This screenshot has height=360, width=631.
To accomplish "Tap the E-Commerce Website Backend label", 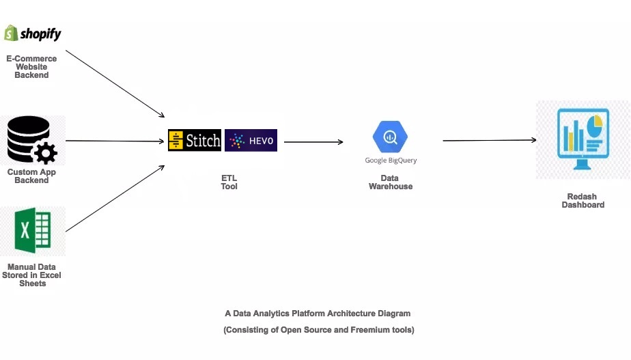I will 31,67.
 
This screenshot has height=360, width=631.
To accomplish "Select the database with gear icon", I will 32,140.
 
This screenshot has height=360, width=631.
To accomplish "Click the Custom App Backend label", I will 31,176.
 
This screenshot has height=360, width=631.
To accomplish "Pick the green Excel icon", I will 33,231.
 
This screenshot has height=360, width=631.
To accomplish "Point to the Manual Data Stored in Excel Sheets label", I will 32,275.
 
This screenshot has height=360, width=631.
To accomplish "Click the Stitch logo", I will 195,141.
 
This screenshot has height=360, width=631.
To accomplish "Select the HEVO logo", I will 251,141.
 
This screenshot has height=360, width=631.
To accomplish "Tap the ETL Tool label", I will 229,182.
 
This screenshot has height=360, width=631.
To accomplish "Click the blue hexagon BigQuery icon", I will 391,137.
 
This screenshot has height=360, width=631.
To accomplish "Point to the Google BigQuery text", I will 391,161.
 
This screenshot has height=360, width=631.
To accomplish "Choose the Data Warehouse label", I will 391,182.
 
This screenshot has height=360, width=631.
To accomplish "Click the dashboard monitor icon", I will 582,139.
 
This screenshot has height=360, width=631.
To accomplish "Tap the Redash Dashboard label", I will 583,200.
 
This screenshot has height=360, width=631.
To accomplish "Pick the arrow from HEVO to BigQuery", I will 313,142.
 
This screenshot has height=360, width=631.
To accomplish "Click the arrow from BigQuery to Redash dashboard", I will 489,141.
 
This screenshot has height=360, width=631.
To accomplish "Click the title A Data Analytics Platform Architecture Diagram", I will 318,314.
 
